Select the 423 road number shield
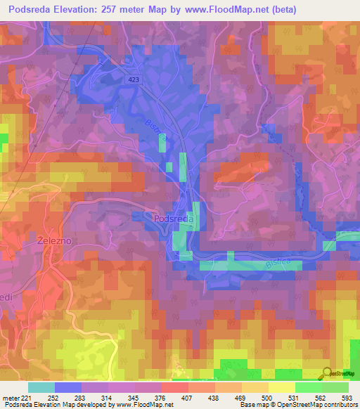coord(134,80)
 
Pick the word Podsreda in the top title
coord(33,10)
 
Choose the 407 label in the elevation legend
coord(174,397)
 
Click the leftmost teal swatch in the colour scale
coord(41,387)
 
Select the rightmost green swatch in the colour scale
coord(335,387)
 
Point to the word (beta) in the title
coord(279,10)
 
